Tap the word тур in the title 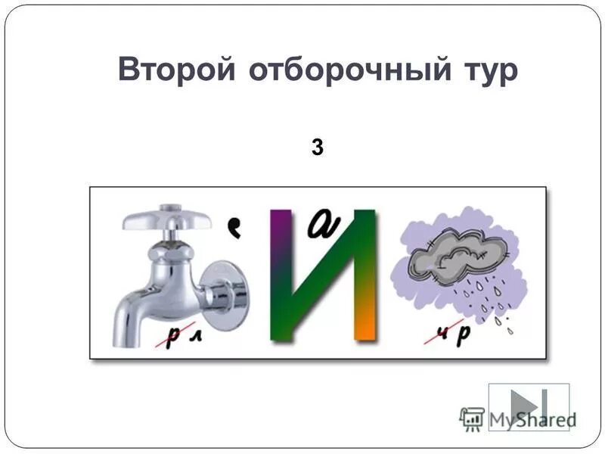coord(487,70)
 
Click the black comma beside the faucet coord(235,227)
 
